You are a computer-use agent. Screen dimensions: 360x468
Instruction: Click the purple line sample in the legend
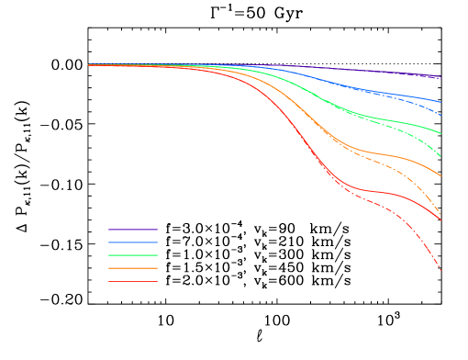click(132, 230)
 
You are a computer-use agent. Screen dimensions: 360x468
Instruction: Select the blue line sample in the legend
click(132, 242)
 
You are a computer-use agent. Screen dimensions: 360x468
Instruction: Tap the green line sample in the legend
click(132, 255)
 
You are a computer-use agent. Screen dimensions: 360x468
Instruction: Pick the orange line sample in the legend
click(132, 268)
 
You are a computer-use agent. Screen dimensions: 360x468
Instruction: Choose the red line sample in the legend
click(132, 281)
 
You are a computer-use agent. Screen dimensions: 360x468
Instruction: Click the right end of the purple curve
click(440, 77)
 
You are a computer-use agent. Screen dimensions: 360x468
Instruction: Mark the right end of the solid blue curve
click(440, 102)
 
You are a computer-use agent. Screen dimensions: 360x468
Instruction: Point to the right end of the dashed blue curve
click(440, 115)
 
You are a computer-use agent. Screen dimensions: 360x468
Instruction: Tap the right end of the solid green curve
click(440, 133)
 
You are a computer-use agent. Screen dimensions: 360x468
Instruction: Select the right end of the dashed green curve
click(440, 156)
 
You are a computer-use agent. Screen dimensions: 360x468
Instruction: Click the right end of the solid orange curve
click(440, 175)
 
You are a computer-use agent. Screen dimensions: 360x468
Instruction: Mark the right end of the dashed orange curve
click(440, 215)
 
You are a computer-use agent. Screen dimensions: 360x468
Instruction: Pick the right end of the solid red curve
click(440, 220)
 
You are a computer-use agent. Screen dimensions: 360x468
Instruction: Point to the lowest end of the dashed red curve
click(440, 271)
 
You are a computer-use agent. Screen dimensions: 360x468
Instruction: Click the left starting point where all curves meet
click(88, 64)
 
